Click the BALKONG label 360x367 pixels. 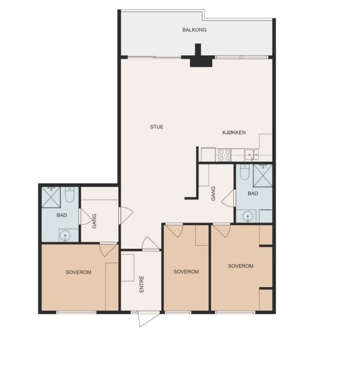(194, 30)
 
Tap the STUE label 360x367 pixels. (156, 127)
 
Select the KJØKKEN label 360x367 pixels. (234, 133)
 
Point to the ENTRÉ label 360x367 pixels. (142, 284)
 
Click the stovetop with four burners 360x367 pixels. (224, 155)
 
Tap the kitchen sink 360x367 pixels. (252, 155)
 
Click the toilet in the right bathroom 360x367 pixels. (245, 172)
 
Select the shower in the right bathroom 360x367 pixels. (263, 176)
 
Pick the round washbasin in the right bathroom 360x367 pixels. (247, 217)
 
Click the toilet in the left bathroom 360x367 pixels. (70, 195)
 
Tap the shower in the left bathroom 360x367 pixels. (51, 197)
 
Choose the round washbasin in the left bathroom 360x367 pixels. (65, 235)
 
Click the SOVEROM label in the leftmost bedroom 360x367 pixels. (79, 272)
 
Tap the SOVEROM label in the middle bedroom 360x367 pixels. (186, 271)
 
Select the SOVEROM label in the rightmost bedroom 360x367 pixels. (241, 266)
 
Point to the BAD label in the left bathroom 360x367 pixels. (62, 215)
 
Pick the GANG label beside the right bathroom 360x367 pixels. (213, 193)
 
